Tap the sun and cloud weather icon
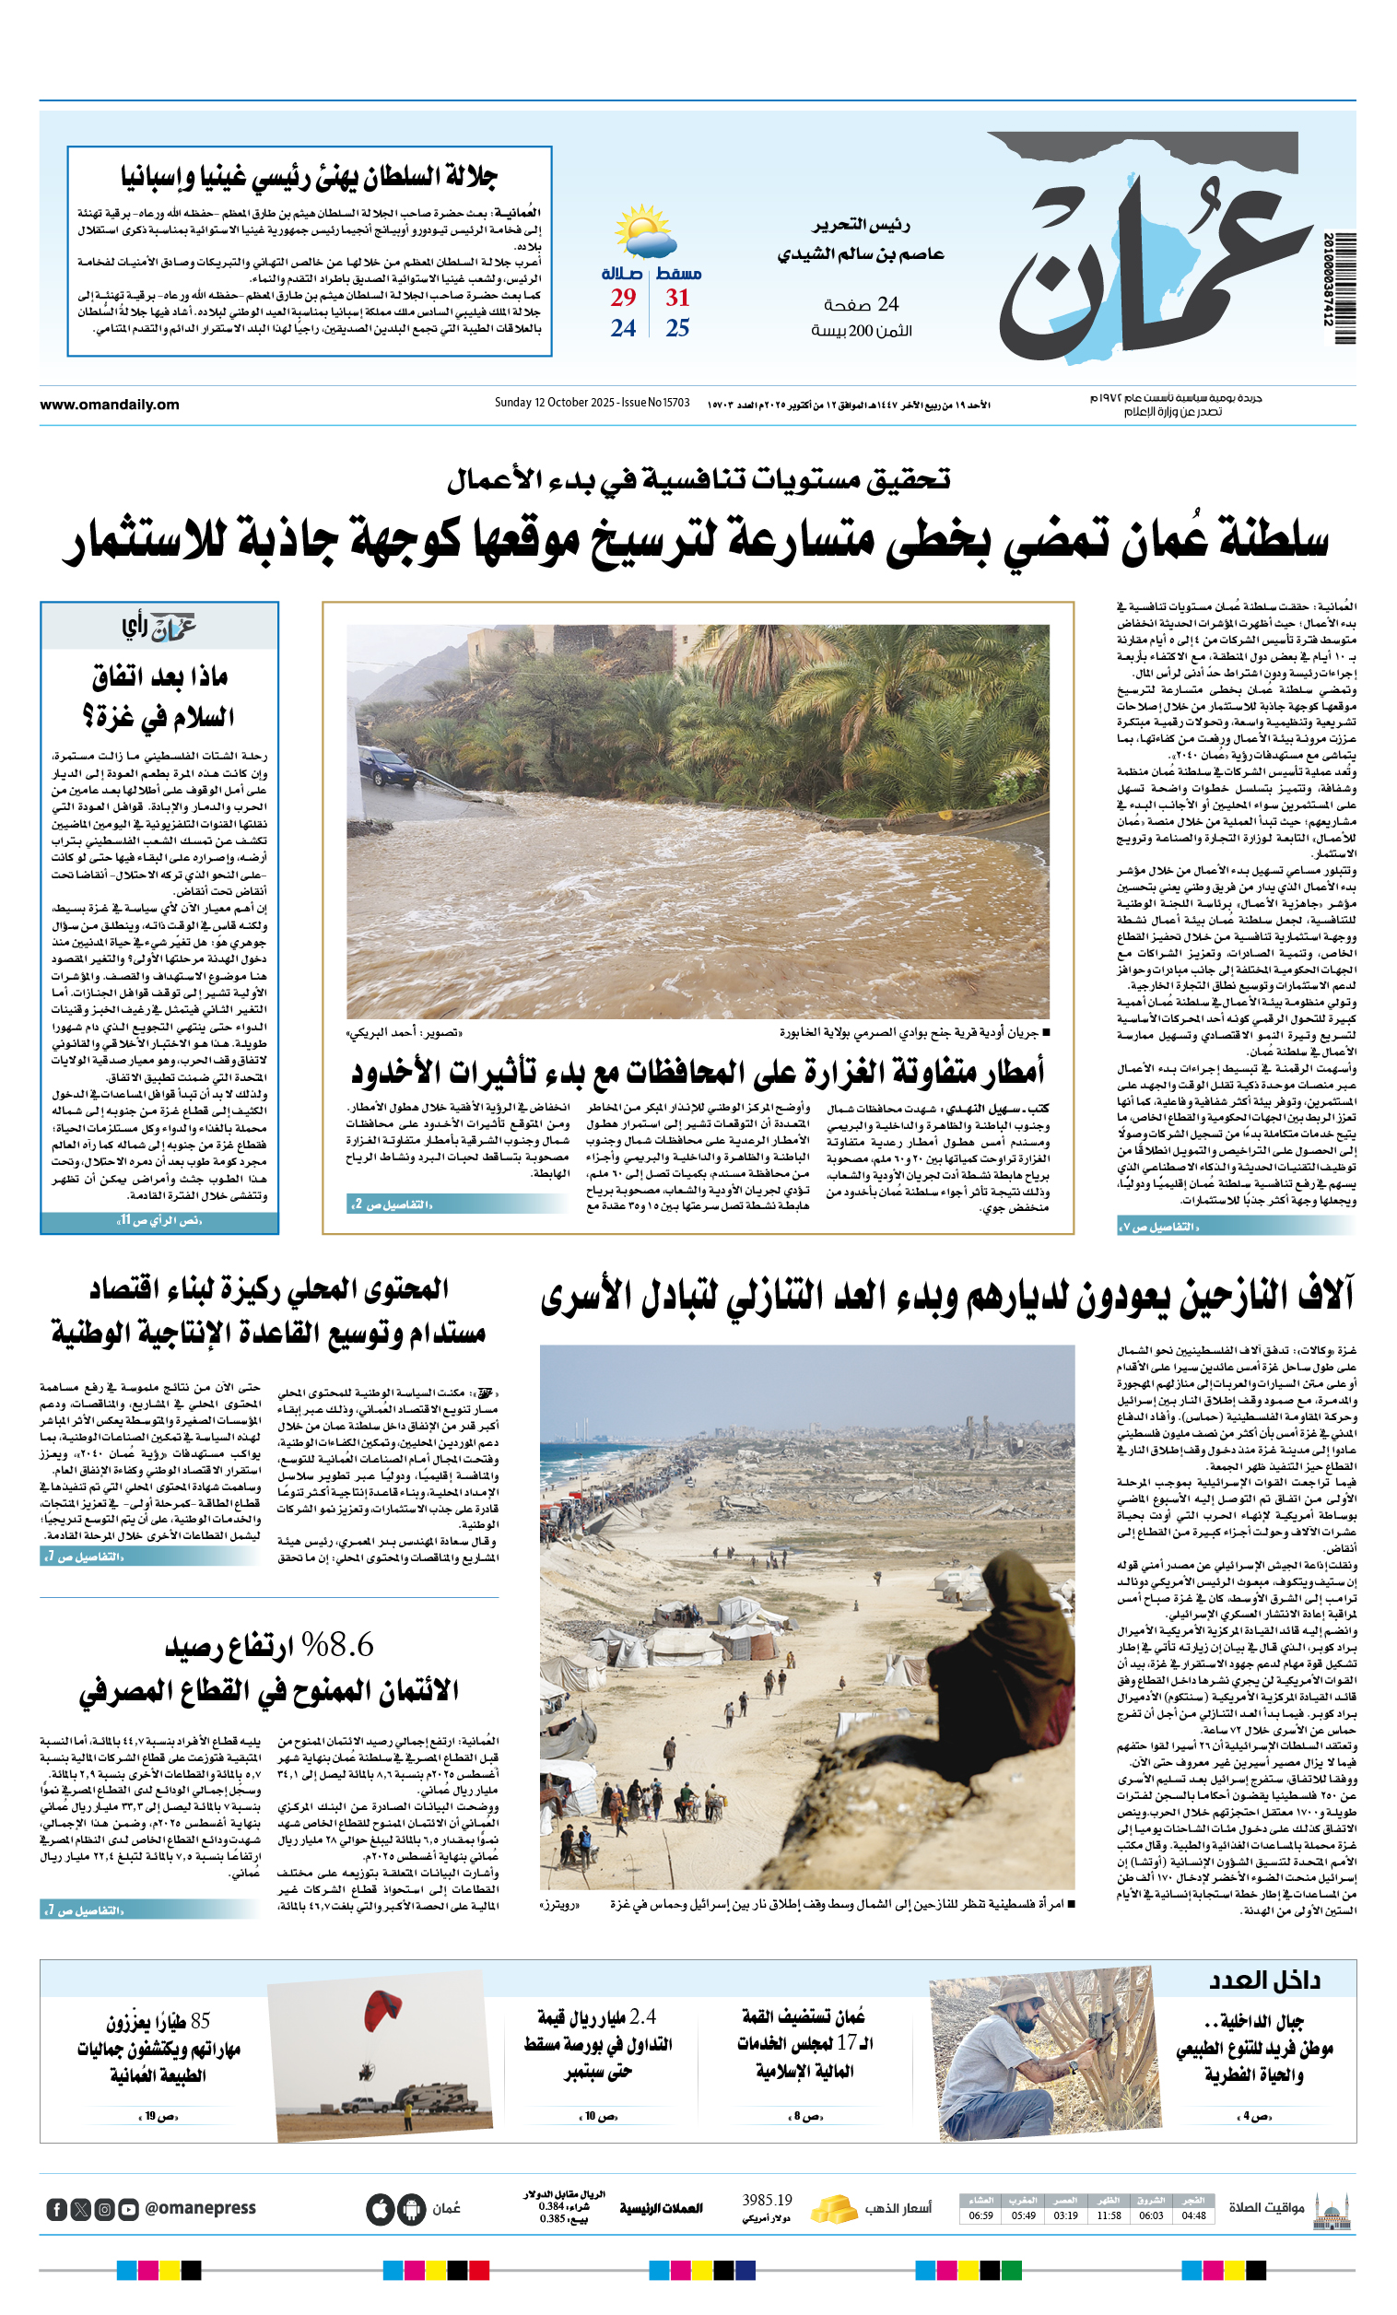click(x=644, y=232)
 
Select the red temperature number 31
click(x=677, y=298)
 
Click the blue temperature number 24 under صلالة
click(x=623, y=328)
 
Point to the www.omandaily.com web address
click(x=109, y=405)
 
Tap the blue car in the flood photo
click(x=387, y=766)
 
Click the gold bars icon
click(x=832, y=2208)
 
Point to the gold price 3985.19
click(x=767, y=2200)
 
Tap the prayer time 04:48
click(x=1193, y=2215)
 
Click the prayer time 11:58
click(x=1109, y=2215)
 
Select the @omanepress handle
click(x=200, y=2208)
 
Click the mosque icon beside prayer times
click(x=1332, y=2209)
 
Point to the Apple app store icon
click(x=380, y=2209)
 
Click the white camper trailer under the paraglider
click(x=433, y=2096)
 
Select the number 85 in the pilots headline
click(x=200, y=2021)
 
